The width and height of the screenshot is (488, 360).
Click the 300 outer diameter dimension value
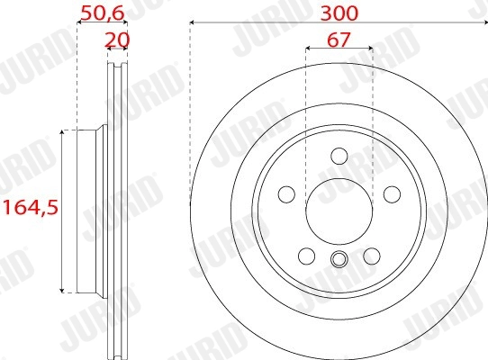339,13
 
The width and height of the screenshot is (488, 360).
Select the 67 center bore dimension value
339,39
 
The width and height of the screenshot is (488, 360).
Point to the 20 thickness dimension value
114,39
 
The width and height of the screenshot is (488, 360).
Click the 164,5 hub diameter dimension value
29,208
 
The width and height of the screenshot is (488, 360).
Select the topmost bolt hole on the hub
339,154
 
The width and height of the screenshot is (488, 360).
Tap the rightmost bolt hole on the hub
391,193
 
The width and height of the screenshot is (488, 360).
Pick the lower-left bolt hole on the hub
307,255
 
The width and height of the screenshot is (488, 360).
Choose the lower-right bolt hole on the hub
371,255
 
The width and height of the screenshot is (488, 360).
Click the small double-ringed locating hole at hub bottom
339,261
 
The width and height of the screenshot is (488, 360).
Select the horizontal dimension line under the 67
339,50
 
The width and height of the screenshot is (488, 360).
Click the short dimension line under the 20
115,50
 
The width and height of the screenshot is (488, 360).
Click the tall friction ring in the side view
115,209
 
